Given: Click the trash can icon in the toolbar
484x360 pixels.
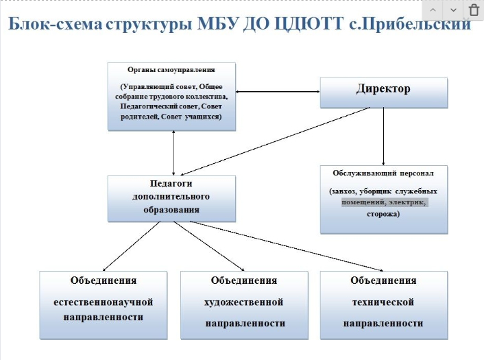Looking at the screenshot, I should pos(474,10).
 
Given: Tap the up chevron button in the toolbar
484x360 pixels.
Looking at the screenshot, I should pos(433,10).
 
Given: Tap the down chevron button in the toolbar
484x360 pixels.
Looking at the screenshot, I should pos(453,10).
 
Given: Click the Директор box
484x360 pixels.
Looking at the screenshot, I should pos(384,91).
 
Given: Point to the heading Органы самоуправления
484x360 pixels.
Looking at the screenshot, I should pos(171,70).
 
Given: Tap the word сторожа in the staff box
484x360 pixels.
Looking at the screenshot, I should pos(384,214).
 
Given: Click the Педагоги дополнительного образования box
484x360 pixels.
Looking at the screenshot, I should pos(171,197).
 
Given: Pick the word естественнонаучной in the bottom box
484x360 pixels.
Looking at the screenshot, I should pos(104,302).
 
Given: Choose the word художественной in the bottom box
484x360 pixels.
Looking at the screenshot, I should pos(244,302).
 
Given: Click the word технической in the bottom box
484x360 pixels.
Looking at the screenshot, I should pos(383,302).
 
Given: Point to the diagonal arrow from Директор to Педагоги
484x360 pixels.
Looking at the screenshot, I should pos(274,141).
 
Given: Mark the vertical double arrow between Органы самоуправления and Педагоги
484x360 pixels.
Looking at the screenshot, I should pos(174,152).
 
